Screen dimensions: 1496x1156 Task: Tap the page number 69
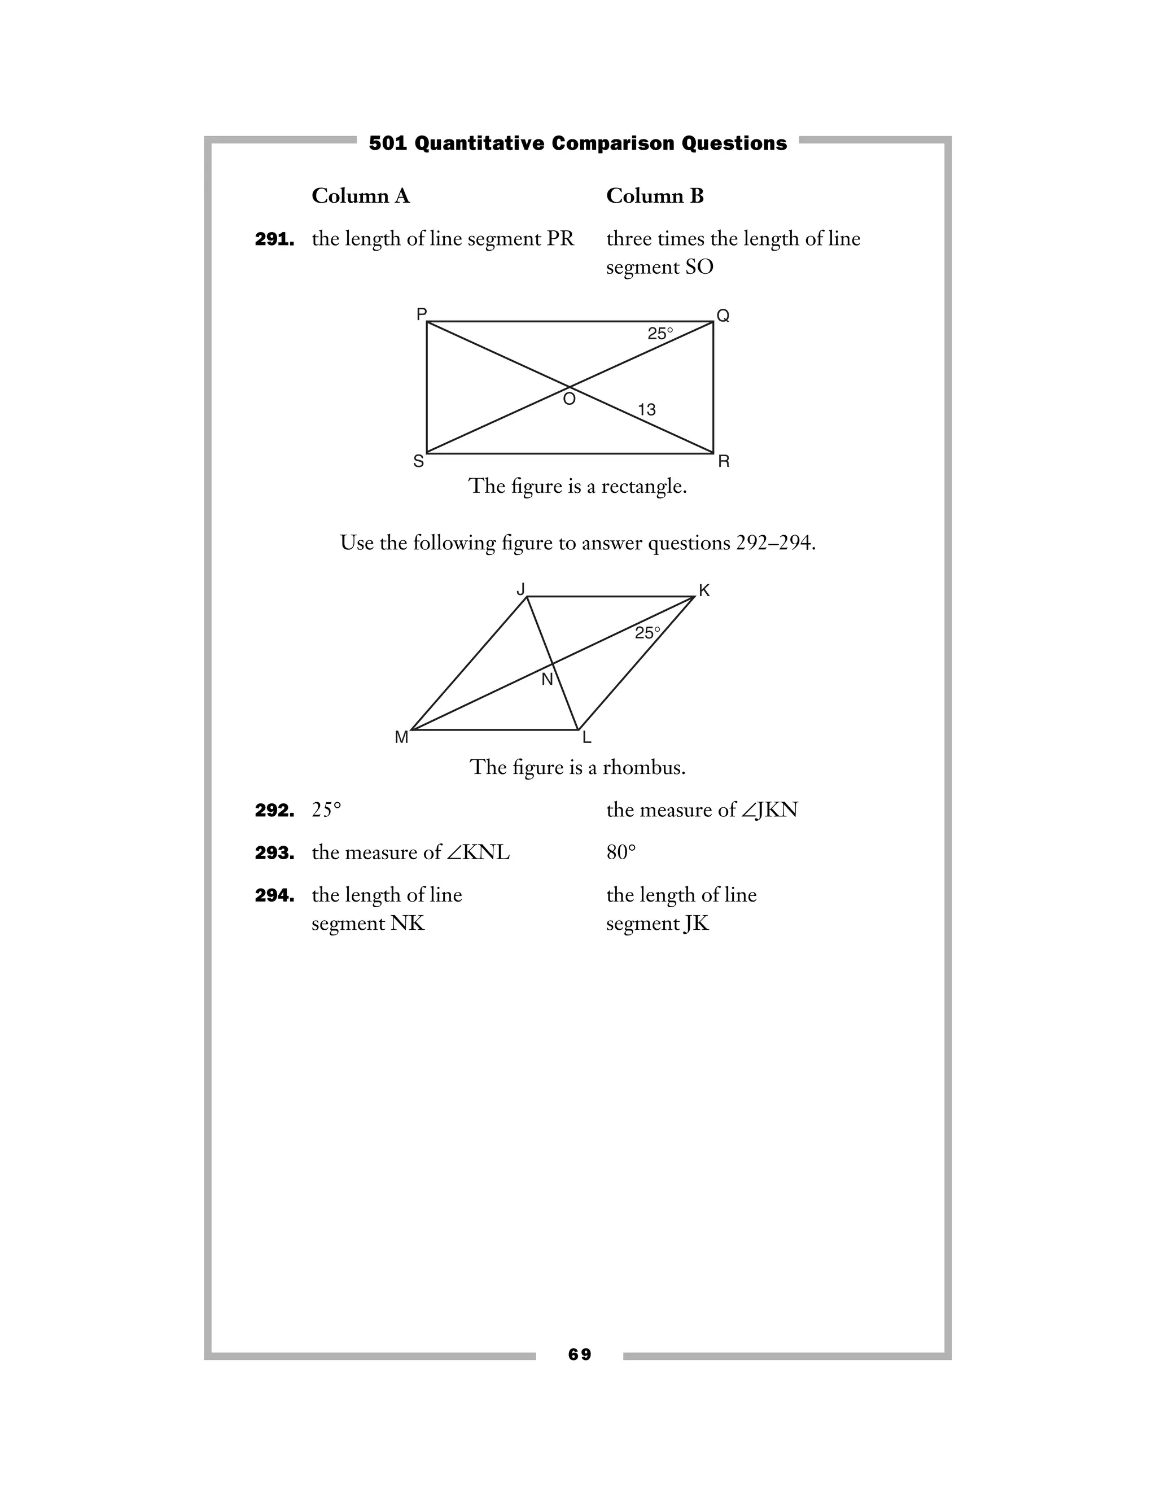pyautogui.click(x=579, y=1354)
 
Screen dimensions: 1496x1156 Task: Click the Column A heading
pyautogui.click(x=360, y=196)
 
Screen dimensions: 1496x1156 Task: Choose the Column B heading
pyautogui.click(x=655, y=196)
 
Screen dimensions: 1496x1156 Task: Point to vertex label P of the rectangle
pyautogui.click(x=421, y=314)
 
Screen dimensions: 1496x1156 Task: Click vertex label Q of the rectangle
pyautogui.click(x=722, y=315)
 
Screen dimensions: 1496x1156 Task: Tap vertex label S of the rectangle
pyautogui.click(x=418, y=462)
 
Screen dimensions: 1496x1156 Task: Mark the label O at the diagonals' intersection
pyautogui.click(x=569, y=399)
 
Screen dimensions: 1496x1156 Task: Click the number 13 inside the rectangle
pyautogui.click(x=646, y=410)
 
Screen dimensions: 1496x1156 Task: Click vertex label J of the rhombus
pyautogui.click(x=520, y=589)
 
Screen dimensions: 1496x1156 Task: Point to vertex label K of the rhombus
pyautogui.click(x=704, y=590)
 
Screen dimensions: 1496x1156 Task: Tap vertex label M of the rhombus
pyautogui.click(x=401, y=737)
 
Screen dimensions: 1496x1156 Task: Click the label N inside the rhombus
pyautogui.click(x=546, y=680)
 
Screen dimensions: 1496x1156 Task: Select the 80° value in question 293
pyautogui.click(x=620, y=853)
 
